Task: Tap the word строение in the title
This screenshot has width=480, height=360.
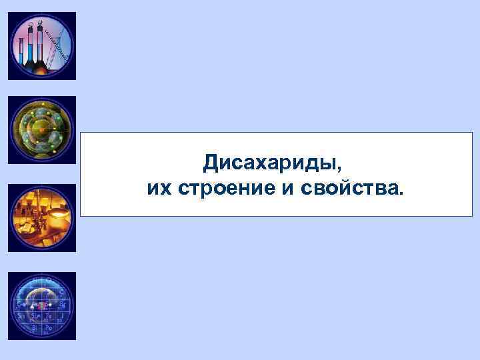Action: [x=226, y=189]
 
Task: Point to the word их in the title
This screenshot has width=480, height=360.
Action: [x=159, y=189]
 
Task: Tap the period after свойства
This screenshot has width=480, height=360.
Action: [x=401, y=194]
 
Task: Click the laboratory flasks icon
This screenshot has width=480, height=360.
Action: [x=42, y=46]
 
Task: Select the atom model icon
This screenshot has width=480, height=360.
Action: [x=42, y=130]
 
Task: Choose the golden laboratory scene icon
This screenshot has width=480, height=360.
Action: [x=42, y=218]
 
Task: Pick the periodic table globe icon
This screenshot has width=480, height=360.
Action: [x=42, y=306]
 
